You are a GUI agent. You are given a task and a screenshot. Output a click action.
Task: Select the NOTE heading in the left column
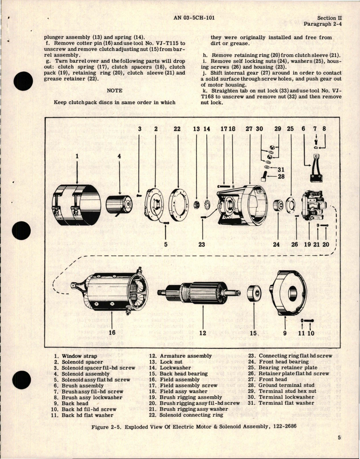click(114, 90)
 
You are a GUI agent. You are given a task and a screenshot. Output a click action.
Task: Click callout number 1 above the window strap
click(77, 156)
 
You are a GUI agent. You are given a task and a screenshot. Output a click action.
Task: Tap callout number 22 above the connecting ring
click(177, 129)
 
